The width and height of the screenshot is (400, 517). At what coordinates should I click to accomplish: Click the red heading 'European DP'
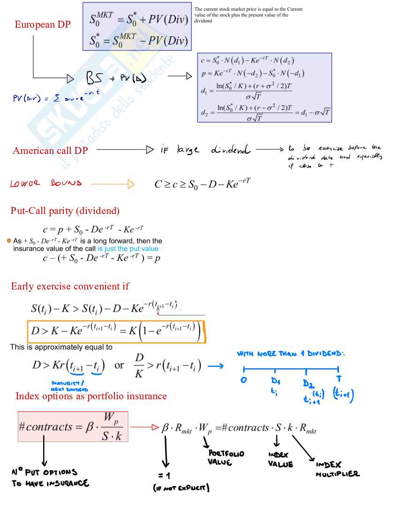[x=43, y=25]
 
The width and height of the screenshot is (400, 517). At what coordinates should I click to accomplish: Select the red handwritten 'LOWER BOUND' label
[x=46, y=184]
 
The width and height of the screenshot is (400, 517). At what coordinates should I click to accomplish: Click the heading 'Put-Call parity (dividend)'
[x=65, y=211]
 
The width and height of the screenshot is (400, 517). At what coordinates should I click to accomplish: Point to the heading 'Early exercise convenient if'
[x=70, y=286]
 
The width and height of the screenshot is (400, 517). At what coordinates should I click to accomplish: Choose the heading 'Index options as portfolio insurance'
[x=91, y=396]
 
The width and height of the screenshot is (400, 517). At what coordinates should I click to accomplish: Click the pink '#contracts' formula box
[x=73, y=426]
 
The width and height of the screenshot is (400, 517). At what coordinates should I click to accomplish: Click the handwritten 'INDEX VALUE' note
[x=280, y=460]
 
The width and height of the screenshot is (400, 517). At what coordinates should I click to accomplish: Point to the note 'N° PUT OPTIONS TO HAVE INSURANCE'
[x=50, y=478]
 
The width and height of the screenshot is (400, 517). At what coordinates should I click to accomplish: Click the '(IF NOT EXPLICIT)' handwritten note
[x=181, y=488]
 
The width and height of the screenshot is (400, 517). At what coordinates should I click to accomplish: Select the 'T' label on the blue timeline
[x=338, y=378]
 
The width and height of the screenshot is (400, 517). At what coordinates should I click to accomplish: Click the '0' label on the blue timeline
[x=244, y=380]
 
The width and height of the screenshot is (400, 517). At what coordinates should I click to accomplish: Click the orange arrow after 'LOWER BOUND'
[x=113, y=184]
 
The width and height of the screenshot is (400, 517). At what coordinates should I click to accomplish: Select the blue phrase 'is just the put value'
[x=128, y=249]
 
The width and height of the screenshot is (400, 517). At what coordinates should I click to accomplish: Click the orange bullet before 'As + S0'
[x=9, y=241]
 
